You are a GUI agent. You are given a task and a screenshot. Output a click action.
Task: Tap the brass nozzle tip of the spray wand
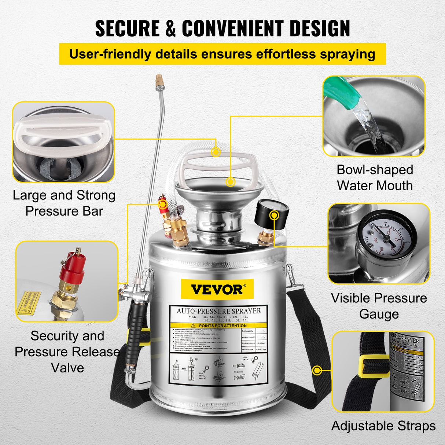coord(159,78)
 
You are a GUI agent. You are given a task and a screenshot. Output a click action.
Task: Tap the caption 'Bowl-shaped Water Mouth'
coord(375,177)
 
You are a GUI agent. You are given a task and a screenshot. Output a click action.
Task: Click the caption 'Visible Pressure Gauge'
coord(379,306)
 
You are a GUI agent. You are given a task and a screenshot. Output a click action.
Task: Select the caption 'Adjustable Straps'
coord(383,426)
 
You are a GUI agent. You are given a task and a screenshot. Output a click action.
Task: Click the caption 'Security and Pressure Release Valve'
coord(67,352)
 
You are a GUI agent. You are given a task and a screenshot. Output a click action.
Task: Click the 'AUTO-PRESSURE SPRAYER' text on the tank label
coord(219,311)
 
